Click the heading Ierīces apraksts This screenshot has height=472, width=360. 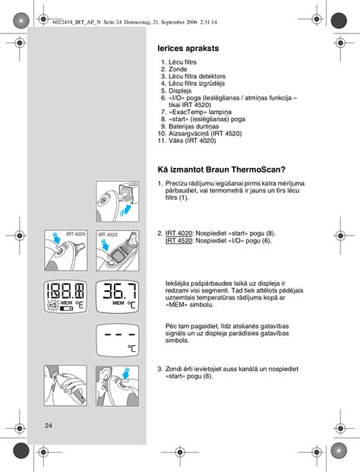[x=188, y=49]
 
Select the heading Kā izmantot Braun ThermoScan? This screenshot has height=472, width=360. [x=221, y=169]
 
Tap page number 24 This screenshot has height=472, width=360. [x=49, y=426]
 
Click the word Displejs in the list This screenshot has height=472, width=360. [x=180, y=90]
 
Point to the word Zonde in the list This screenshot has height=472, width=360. [x=178, y=69]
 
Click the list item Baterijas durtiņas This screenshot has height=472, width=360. [x=194, y=126]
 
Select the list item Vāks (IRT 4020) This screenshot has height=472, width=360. [x=192, y=141]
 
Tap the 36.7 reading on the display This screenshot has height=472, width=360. [x=120, y=291]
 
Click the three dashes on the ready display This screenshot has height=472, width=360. [x=117, y=334]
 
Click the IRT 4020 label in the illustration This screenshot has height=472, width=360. [x=75, y=234]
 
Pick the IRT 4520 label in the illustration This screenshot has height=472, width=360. [x=108, y=235]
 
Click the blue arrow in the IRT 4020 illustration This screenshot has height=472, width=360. [x=55, y=237]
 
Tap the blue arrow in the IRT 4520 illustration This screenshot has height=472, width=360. [x=106, y=245]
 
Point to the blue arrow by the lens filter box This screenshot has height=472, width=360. [x=126, y=211]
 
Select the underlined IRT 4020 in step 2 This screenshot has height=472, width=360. [x=178, y=233]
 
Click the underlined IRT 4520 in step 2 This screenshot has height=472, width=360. [x=178, y=240]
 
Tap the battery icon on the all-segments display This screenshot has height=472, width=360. [x=66, y=309]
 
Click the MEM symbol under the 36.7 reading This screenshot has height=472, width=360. [x=118, y=303]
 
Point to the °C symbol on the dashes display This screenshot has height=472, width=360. [x=131, y=349]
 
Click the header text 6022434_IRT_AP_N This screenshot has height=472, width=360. [x=77, y=22]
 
